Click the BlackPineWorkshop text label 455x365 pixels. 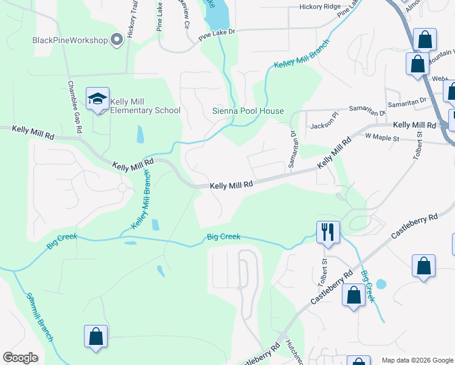point(70,40)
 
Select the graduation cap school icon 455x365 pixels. point(97,100)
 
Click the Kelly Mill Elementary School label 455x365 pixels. point(146,110)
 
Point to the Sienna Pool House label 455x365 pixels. point(248,111)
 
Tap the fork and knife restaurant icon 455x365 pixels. point(327,231)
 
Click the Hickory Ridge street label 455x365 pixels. point(319,7)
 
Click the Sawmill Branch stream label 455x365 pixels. point(40,317)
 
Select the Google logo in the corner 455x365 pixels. point(20,358)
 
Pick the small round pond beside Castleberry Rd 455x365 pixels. point(381,284)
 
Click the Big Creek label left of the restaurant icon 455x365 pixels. point(223,237)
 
